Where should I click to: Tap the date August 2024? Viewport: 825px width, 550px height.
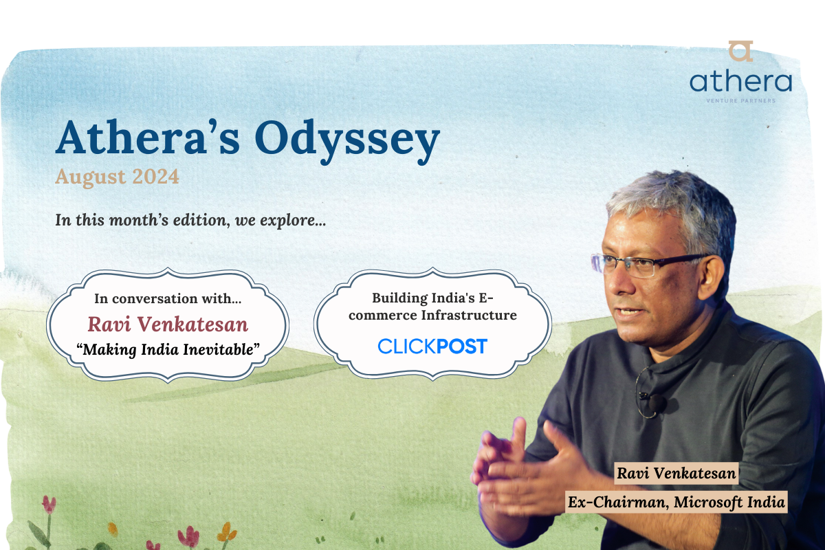click(x=117, y=177)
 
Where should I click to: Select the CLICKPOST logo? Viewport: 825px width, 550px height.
click(x=432, y=346)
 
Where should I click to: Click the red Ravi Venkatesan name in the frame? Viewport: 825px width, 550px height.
click(x=168, y=324)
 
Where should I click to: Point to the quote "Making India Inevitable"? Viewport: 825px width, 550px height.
click(x=168, y=349)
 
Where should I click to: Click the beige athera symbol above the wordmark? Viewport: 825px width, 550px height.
click(x=740, y=51)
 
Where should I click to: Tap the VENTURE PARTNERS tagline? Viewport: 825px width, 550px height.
click(x=740, y=100)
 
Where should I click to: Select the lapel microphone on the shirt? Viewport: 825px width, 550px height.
click(x=657, y=403)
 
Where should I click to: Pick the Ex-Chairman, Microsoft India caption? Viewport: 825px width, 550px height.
click(x=676, y=502)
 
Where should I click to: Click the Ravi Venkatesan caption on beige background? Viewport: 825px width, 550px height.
click(x=676, y=474)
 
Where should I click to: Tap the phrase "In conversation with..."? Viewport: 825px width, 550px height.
click(x=168, y=298)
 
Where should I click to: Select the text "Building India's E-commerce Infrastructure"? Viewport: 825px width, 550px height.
click(x=432, y=307)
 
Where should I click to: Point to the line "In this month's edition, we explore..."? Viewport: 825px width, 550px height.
click(x=190, y=220)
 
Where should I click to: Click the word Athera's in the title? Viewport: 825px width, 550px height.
click(x=148, y=137)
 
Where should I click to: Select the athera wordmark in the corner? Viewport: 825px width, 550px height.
click(x=740, y=82)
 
